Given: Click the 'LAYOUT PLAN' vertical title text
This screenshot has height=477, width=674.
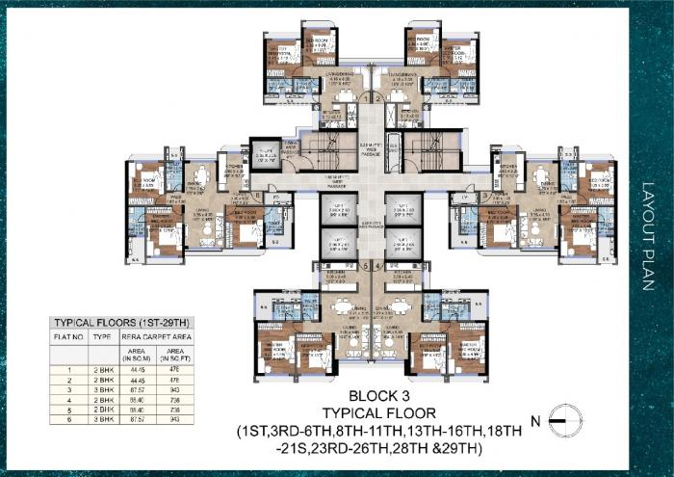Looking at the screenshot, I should click(x=646, y=235).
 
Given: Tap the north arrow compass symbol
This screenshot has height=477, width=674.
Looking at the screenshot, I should click(x=564, y=420).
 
